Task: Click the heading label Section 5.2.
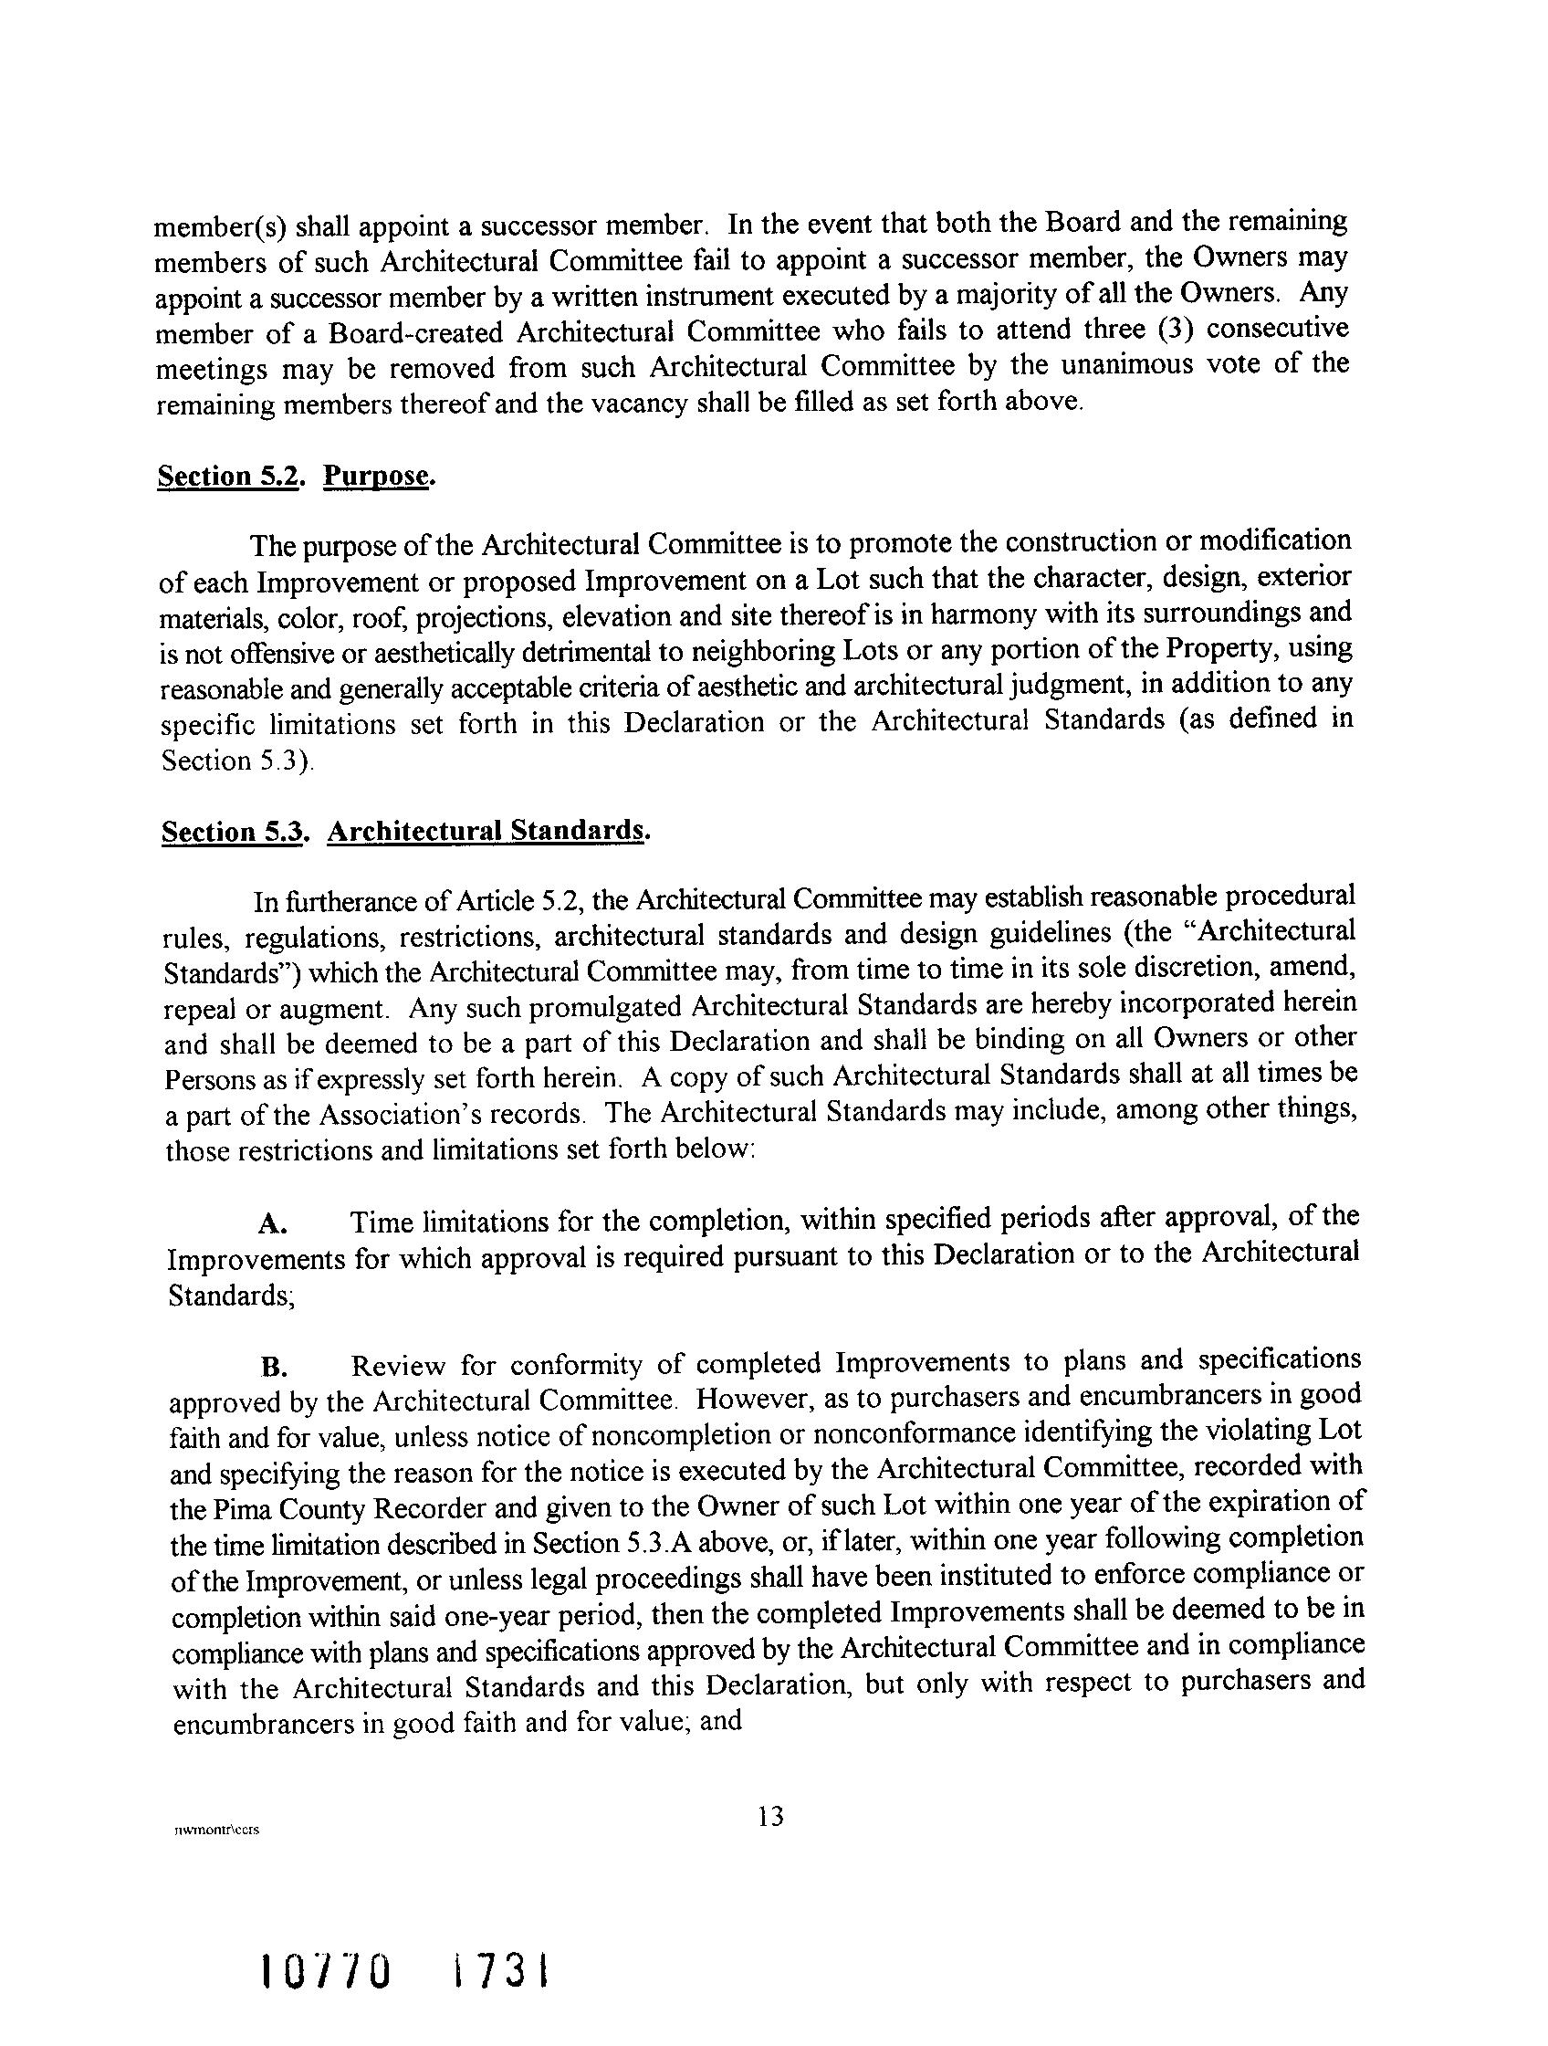tap(230, 477)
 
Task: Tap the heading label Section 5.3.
tap(233, 833)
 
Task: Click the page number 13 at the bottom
tap(770, 1817)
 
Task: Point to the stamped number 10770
tap(325, 1974)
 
